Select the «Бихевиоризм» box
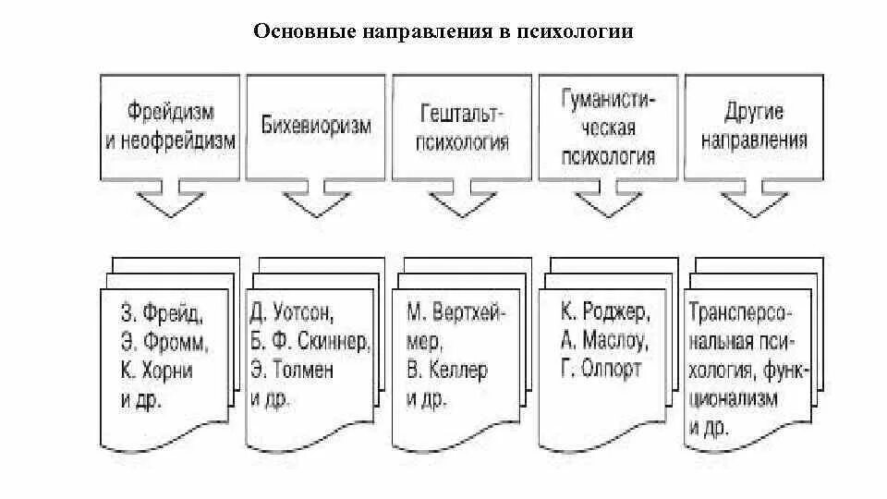click(315, 126)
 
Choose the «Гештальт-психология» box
click(462, 126)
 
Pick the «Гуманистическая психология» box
click(607, 126)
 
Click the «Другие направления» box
click(754, 126)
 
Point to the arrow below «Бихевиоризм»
click(315, 201)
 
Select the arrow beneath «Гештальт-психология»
click(462, 201)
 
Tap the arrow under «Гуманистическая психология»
click(607, 201)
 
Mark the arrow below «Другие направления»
click(754, 201)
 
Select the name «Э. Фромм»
click(164, 340)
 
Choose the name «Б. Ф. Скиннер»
click(310, 340)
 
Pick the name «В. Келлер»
click(446, 370)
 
